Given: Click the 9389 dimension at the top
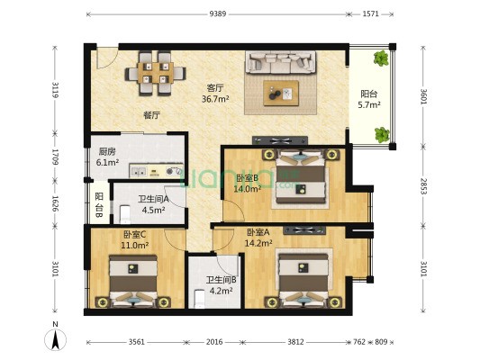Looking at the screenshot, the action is pyautogui.click(x=218, y=13).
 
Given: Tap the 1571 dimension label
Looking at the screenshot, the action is pyautogui.click(x=371, y=13).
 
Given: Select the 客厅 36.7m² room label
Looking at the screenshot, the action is pyautogui.click(x=215, y=94).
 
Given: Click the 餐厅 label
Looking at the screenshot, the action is pyautogui.click(x=152, y=115).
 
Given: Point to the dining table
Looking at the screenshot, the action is pyautogui.click(x=156, y=73).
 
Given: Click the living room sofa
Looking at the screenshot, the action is pyautogui.click(x=280, y=62).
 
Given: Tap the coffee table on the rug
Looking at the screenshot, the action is pyautogui.click(x=281, y=94).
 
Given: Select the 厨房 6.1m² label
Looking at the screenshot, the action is pyautogui.click(x=107, y=157).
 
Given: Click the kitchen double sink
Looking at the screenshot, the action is pyautogui.click(x=139, y=172).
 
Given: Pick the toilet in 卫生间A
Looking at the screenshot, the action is pyautogui.click(x=124, y=214).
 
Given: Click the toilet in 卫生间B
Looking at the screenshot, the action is pyautogui.click(x=200, y=299).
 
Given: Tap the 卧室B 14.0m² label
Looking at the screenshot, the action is pyautogui.click(x=248, y=184).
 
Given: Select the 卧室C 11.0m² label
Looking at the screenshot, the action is pyautogui.click(x=135, y=239).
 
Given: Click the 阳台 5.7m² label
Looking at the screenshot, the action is pyautogui.click(x=369, y=99).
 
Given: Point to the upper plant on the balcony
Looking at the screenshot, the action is pyautogui.click(x=381, y=58).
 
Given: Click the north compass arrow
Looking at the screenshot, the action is pyautogui.click(x=56, y=339).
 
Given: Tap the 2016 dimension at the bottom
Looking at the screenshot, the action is pyautogui.click(x=214, y=342).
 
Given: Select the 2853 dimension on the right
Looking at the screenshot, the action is pyautogui.click(x=423, y=186).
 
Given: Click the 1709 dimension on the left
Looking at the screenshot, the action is pyautogui.click(x=55, y=157).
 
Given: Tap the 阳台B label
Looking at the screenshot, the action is pyautogui.click(x=99, y=205).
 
